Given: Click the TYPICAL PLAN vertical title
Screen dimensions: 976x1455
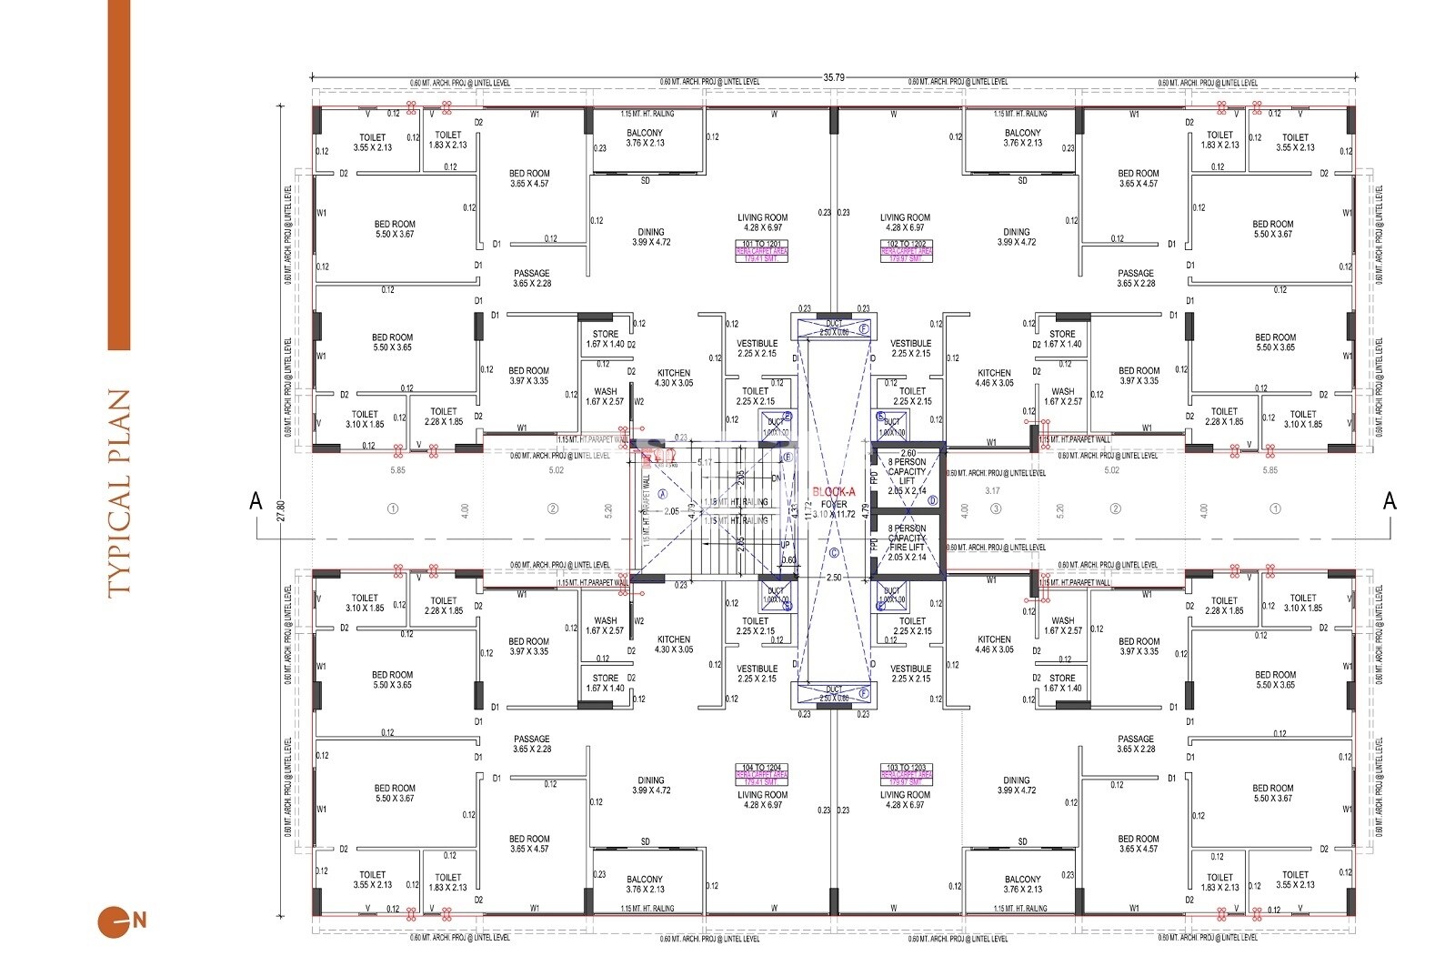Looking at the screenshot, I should (119, 492).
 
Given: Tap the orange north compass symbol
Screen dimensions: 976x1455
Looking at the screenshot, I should (110, 921).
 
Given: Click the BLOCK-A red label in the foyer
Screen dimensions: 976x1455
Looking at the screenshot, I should (834, 491).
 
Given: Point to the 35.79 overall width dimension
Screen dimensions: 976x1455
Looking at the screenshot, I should (833, 78).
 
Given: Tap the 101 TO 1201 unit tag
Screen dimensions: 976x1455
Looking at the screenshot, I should (762, 245).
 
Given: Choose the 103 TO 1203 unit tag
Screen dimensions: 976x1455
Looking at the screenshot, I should (907, 768).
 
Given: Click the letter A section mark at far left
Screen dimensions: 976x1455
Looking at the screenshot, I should (256, 500).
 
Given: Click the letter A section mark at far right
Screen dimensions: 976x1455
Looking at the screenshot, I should (1389, 500).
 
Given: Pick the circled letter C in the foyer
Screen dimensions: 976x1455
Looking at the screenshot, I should (834, 552).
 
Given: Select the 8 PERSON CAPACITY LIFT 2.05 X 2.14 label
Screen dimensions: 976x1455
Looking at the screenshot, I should (907, 477).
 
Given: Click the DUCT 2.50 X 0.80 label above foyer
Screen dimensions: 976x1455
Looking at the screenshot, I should (834, 327).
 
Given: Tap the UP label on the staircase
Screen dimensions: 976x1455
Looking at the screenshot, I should (785, 545).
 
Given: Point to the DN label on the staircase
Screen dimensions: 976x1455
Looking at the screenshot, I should (776, 478).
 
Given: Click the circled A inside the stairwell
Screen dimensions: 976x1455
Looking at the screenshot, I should (662, 492).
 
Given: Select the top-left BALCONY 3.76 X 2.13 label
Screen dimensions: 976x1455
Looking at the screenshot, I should (645, 138).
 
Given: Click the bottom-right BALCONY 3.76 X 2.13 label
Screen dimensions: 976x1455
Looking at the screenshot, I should (1022, 884).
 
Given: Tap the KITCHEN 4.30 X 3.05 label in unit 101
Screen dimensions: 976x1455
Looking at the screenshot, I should (673, 377).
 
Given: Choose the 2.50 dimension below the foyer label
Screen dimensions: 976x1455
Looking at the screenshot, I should (833, 578).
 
